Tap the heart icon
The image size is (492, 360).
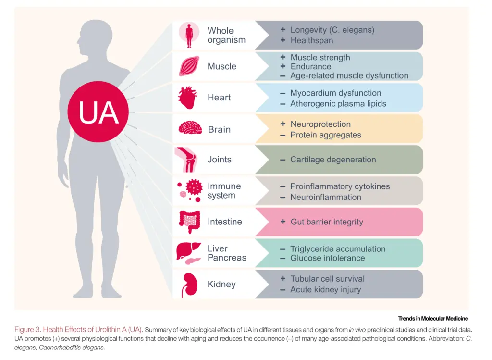click(187, 98)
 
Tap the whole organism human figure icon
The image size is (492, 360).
click(189, 35)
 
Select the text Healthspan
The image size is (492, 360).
click(311, 40)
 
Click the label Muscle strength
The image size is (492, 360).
click(320, 57)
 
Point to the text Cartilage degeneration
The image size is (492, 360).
click(333, 160)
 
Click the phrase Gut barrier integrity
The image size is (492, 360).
click(327, 222)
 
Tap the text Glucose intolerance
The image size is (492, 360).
click(327, 258)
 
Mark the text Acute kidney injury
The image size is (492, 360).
click(325, 289)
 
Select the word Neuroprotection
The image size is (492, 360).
click(320, 124)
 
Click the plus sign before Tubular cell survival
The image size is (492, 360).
click(283, 279)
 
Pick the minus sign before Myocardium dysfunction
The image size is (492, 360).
click(283, 93)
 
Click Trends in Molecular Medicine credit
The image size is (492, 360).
click(432, 319)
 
